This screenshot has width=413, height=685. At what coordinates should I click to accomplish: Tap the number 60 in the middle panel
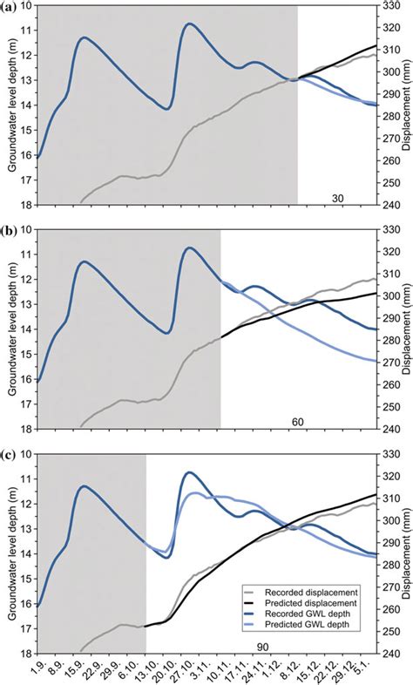(x=297, y=422)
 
